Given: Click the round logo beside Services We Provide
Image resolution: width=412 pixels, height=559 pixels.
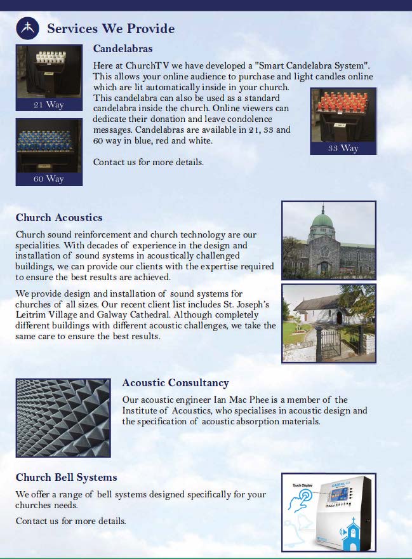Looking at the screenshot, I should pyautogui.click(x=27, y=27).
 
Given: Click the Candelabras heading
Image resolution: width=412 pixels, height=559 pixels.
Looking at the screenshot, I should pyautogui.click(x=123, y=48).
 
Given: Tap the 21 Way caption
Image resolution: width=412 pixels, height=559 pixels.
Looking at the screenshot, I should pyautogui.click(x=49, y=104).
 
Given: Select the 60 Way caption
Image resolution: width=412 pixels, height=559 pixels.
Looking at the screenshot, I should pyautogui.click(x=49, y=178).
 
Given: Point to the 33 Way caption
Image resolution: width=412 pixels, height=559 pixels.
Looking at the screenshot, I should pyautogui.click(x=343, y=148).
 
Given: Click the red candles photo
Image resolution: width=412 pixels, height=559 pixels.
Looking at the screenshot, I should pyautogui.click(x=343, y=114).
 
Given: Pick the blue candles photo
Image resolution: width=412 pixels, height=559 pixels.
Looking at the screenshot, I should pyautogui.click(x=49, y=145).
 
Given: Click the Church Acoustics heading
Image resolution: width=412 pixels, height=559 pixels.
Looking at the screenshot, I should pyautogui.click(x=59, y=218).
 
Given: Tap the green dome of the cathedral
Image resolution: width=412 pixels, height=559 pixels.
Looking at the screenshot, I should pyautogui.click(x=323, y=222).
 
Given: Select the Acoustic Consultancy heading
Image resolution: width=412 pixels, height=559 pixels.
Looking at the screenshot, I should pyautogui.click(x=175, y=383).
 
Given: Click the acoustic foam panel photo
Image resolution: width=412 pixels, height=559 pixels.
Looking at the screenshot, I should pyautogui.click(x=63, y=417).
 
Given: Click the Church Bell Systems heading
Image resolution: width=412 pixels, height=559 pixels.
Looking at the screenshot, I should pyautogui.click(x=66, y=477).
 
